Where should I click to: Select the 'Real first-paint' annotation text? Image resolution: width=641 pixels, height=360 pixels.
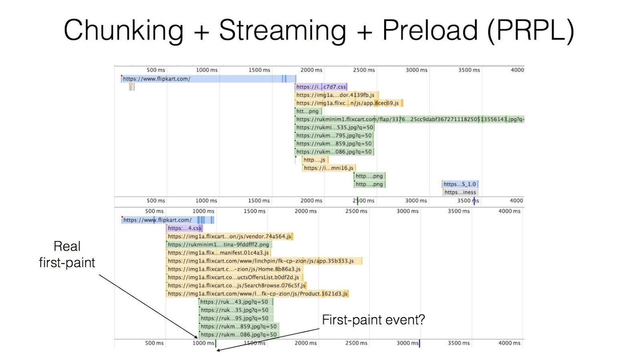click(x=67, y=255)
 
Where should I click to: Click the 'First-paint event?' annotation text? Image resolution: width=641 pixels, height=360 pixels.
click(x=373, y=320)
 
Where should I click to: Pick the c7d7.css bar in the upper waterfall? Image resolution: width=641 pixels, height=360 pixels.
click(x=321, y=86)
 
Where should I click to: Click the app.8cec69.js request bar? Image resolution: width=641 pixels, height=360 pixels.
click(x=349, y=103)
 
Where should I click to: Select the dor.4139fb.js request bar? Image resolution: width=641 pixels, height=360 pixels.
click(x=337, y=95)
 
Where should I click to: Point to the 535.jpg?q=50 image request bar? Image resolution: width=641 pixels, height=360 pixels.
click(x=335, y=127)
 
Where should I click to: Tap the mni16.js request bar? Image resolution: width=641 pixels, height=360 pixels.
click(x=329, y=168)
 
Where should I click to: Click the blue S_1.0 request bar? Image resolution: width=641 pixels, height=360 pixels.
click(x=460, y=184)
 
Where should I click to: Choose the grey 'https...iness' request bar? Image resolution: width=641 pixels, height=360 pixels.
click(x=460, y=192)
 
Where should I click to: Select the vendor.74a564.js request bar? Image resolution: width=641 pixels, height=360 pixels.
click(x=230, y=237)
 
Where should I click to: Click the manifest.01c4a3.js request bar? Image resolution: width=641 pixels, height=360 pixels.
click(x=219, y=253)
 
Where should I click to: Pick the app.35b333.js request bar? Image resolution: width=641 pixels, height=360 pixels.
click(x=264, y=261)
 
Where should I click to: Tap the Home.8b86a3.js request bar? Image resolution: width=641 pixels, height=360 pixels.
click(x=235, y=269)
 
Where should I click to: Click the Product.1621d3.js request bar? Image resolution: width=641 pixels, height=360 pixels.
click(x=258, y=294)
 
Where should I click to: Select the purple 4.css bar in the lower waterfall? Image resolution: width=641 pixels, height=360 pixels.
click(x=185, y=228)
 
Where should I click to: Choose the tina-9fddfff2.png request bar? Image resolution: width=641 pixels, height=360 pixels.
click(x=219, y=245)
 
